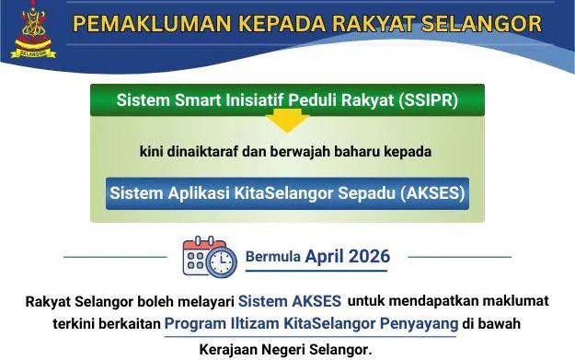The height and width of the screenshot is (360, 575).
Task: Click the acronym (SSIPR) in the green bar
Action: pyautogui.click(x=426, y=99)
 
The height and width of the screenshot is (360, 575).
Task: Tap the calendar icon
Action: pyautogui.click(x=207, y=257)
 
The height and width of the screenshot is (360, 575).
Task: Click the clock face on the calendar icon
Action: pyautogui.click(x=221, y=263)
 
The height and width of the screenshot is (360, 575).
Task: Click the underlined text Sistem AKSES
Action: pyautogui.click(x=290, y=301)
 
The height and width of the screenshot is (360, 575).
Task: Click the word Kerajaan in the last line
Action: pyautogui.click(x=229, y=349)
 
